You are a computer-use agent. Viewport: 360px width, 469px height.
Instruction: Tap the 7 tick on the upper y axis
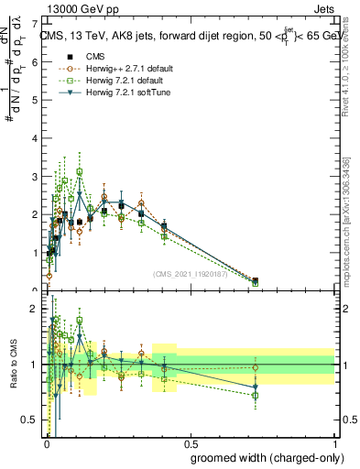[36, 21]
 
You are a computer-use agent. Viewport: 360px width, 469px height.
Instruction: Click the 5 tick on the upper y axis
[36, 98]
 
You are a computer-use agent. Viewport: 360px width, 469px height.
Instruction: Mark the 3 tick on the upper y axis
[36, 175]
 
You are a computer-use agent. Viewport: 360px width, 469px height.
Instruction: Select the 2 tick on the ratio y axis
[36, 309]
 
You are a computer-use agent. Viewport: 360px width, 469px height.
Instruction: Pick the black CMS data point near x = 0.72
[256, 281]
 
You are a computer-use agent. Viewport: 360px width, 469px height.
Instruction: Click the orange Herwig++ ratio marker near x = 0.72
[256, 367]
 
